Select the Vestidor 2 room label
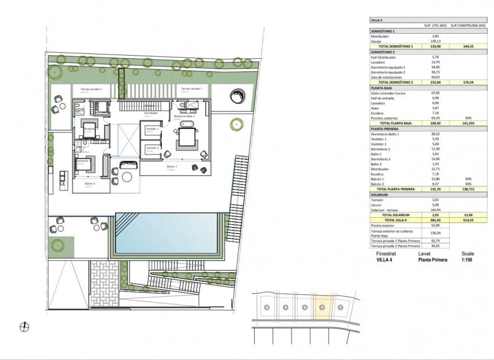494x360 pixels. point(153,148)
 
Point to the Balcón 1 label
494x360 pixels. point(171,167)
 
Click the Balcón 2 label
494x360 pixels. point(90,183)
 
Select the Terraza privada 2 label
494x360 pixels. point(91,88)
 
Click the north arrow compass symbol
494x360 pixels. point(24,327)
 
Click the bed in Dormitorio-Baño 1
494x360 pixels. point(187,137)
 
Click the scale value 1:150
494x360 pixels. point(467,260)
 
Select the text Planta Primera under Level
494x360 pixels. point(432,260)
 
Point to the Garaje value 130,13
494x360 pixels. point(434,41)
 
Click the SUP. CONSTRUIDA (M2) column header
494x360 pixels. point(470,26)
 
